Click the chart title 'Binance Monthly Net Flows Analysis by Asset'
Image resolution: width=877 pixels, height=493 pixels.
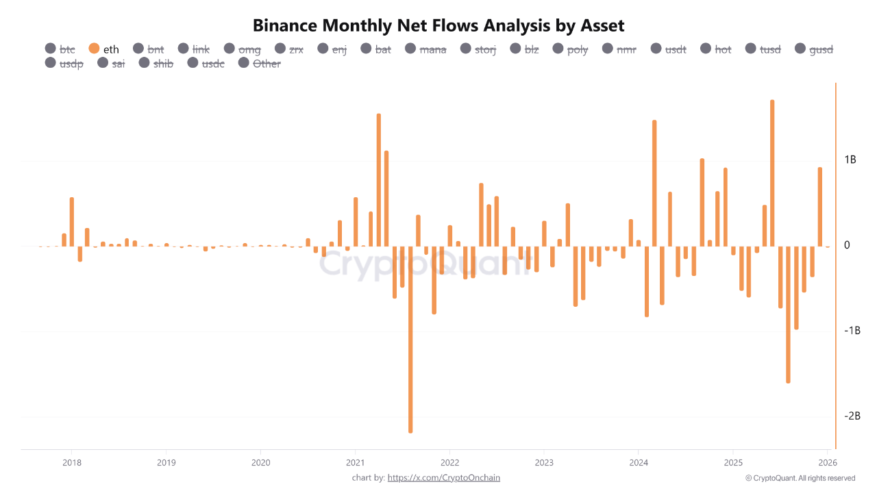pos(438,26)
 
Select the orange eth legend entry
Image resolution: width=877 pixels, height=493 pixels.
pos(104,49)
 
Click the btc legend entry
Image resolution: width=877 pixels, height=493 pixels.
pos(60,49)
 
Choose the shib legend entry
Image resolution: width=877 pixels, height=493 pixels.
pos(156,64)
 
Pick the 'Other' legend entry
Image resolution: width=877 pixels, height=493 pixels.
pos(260,64)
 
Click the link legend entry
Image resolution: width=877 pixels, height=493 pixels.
pos(194,49)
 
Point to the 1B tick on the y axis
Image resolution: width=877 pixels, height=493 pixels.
pos(850,160)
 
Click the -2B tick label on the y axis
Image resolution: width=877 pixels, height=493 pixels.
pos(852,416)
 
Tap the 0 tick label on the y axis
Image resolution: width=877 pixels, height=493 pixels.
pos(847,245)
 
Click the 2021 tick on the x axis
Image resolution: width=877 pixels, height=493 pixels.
pos(355,462)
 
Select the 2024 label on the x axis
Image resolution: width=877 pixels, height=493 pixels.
pos(638,462)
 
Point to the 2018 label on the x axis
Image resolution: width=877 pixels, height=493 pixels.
pos(71,462)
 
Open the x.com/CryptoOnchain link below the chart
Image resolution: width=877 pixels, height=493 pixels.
pos(443,477)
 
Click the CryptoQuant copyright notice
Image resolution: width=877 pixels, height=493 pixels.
pos(800,478)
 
